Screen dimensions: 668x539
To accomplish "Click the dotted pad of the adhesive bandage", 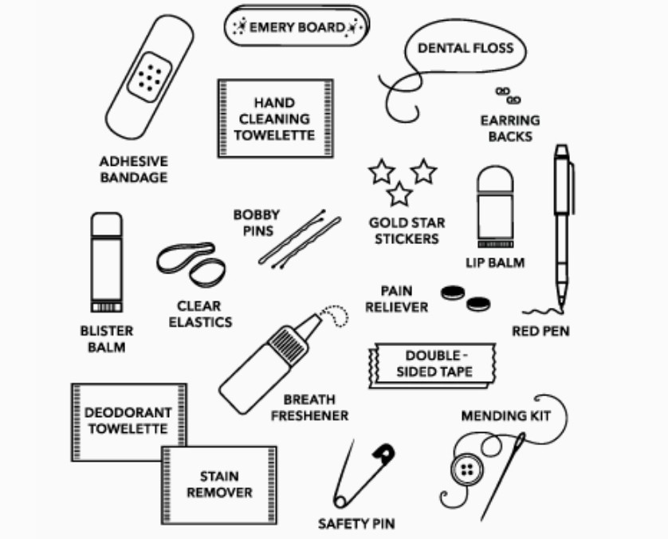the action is click(150, 77).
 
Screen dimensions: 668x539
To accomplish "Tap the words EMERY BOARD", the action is click(297, 28).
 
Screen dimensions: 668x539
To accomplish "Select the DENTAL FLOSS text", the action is click(466, 48).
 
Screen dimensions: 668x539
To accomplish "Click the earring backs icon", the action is click(509, 96).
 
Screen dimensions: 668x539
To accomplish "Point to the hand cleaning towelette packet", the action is click(276, 119).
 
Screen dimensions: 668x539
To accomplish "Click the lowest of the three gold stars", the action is click(399, 194).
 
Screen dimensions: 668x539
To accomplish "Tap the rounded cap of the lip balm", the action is click(495, 178).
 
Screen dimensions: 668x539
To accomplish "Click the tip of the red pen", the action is click(560, 309).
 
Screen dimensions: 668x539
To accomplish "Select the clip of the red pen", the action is click(572, 187).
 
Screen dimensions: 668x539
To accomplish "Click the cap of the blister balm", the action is click(107, 224).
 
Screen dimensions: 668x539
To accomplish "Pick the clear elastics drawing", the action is click(191, 265).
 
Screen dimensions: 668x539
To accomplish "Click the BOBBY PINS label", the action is click(257, 222).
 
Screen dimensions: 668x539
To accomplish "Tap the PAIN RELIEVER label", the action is click(396, 299).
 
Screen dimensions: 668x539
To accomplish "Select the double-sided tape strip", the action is click(432, 365).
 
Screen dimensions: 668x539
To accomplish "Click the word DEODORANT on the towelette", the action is click(128, 412).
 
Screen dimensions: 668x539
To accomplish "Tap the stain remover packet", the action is click(219, 485).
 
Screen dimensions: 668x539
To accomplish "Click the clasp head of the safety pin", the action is click(384, 453).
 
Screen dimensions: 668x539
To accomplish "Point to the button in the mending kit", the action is click(467, 470).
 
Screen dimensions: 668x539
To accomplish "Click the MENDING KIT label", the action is click(505, 415).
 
